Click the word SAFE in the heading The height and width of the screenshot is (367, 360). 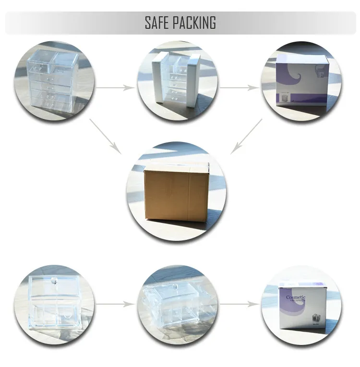[157, 23]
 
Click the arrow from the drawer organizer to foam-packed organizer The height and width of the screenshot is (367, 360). [115, 88]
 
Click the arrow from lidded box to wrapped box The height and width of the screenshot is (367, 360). [115, 304]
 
